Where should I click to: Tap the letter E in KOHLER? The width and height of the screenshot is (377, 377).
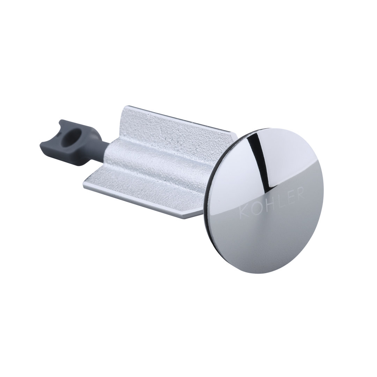[288, 197]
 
